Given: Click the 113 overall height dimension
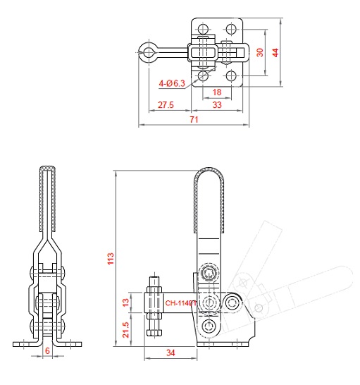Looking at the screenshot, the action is pos(111,259).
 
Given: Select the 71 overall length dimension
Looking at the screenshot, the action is pos(194,120).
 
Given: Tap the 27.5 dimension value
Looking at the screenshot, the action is pos(166,105).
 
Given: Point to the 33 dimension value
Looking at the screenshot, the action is pos(217,105).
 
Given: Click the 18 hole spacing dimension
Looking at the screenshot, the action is pos(217,92).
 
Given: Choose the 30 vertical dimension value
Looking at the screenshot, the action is pos(260,52).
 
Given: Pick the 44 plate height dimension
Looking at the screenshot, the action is pos(275,53).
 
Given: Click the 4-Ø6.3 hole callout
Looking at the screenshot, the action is pos(172,83).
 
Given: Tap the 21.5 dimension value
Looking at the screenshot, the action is pos(125,330).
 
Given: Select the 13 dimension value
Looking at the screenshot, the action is pos(125,302).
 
